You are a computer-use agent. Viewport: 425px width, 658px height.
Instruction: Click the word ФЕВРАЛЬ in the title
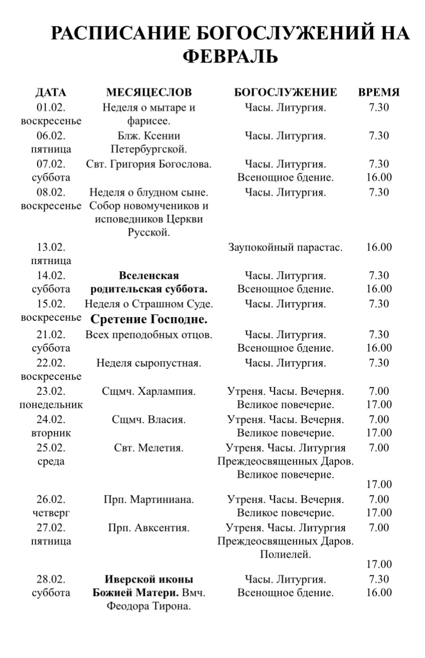[230, 57]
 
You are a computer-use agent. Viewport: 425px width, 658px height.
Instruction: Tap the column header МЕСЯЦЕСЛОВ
[149, 93]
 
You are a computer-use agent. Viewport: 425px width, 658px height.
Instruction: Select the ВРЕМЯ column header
[379, 93]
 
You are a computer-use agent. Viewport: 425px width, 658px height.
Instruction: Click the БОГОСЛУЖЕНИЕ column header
[285, 93]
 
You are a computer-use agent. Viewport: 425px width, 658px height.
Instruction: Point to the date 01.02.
[51, 108]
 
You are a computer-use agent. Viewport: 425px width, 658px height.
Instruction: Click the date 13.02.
[51, 247]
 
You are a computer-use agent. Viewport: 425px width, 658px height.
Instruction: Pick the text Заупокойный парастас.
[285, 247]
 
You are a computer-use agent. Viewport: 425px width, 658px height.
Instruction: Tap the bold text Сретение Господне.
[149, 320]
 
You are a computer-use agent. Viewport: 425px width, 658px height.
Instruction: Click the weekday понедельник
[51, 405]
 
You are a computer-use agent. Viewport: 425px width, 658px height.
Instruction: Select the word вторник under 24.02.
[51, 433]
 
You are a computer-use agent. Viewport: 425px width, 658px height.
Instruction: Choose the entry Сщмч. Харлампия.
[149, 392]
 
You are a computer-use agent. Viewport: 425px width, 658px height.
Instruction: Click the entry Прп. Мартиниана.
[149, 500]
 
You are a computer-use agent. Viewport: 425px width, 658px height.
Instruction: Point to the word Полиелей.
[285, 555]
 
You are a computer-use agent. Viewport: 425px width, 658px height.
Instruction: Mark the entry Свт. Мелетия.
[149, 448]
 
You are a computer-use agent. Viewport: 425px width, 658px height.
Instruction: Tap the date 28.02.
[51, 580]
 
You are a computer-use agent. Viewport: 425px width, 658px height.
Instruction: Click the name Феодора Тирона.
[149, 607]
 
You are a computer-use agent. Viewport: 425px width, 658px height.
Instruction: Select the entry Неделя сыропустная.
[149, 363]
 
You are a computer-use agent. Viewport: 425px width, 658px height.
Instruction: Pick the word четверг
[51, 513]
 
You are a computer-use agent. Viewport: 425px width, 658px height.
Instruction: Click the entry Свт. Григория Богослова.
[149, 164]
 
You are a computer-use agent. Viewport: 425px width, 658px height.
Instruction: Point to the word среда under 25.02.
[51, 462]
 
